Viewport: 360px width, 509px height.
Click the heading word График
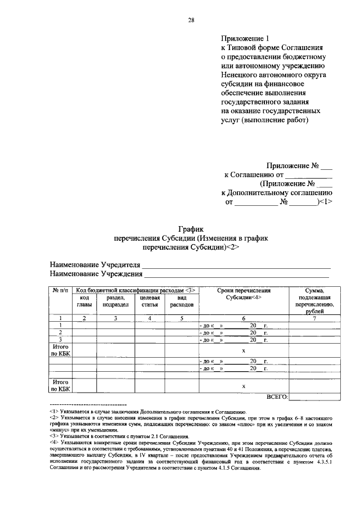coord(190,229)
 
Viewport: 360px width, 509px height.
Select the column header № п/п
coord(60,291)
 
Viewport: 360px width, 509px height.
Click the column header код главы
coord(84,301)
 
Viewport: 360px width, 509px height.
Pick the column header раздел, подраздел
coord(115,301)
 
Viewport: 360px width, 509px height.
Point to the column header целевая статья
coord(149,301)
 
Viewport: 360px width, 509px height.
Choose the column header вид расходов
coord(181,301)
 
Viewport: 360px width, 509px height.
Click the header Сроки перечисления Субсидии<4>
coord(244,294)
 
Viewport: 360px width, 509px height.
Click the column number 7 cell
coord(315,318)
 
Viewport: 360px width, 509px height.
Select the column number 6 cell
coord(244,318)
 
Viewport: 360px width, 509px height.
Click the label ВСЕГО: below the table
coord(277,397)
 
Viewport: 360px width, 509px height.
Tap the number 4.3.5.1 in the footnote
coord(322,462)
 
